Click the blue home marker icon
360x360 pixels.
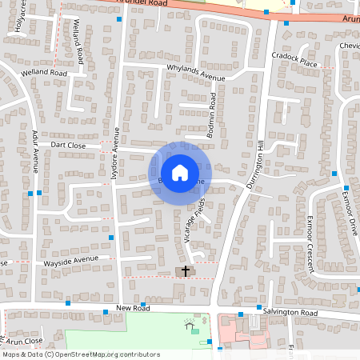pos(180,173)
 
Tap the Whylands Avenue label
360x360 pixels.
pos(196,72)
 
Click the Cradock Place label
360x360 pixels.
pos(295,61)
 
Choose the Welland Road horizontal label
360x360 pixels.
pos(46,72)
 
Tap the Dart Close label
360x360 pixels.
pos(68,146)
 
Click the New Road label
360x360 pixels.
pos(133,308)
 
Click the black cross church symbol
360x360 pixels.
pos(186,271)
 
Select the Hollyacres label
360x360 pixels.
pos(18,17)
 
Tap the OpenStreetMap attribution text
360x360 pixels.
pos(80,354)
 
